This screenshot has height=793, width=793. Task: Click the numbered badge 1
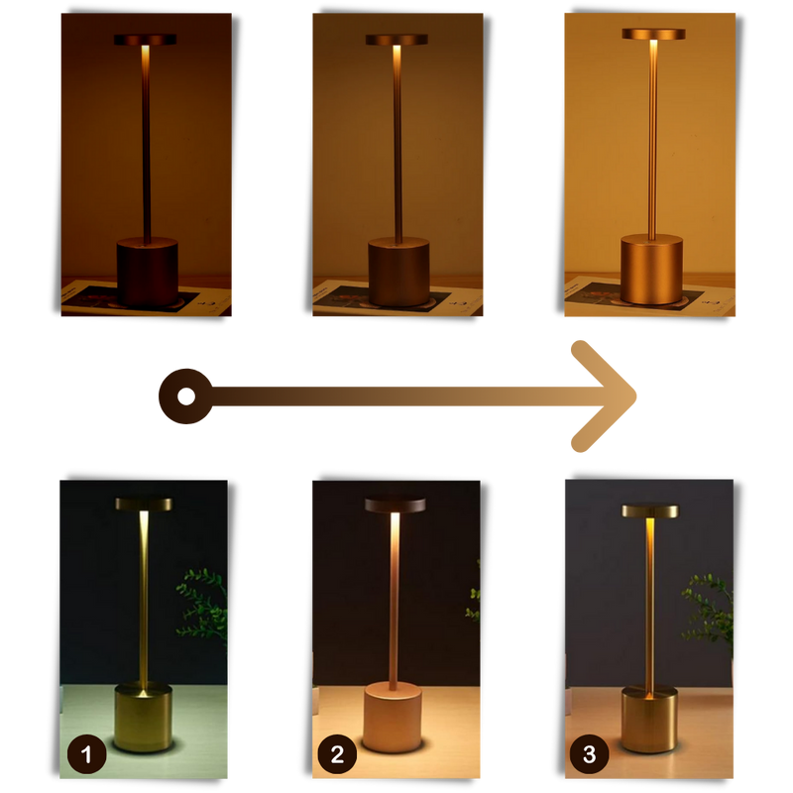[x=87, y=755]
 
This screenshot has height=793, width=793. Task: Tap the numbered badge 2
[x=337, y=755]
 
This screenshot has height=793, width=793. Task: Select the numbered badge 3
[x=590, y=755]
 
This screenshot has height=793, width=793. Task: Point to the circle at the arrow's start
[x=185, y=396]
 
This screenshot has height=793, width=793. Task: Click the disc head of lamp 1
[x=143, y=504]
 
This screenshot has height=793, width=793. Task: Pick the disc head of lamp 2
[x=394, y=504]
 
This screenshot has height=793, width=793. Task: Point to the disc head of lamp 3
[x=650, y=510]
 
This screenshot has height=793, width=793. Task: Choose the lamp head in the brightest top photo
[x=653, y=34]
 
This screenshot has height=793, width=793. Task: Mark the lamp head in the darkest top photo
[x=145, y=40]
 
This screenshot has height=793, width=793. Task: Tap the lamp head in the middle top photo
[x=396, y=40]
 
